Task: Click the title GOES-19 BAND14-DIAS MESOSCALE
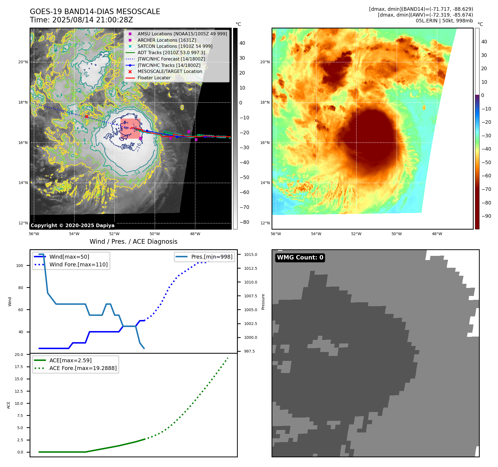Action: (x=95, y=12)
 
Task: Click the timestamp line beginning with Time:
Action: (x=81, y=20)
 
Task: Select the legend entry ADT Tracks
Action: (x=171, y=53)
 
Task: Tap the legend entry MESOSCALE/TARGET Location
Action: (x=170, y=71)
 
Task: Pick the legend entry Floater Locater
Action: (x=154, y=78)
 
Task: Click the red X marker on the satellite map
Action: (x=87, y=117)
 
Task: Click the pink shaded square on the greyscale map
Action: (x=130, y=128)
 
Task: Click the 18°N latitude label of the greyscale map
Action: (x=23, y=102)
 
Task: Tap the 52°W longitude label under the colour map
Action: (x=356, y=234)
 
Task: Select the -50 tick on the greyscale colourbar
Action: (x=244, y=177)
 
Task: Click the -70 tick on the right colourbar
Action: (x=486, y=189)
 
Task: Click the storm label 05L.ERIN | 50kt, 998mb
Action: (x=444, y=21)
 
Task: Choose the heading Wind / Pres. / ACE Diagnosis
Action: (x=133, y=242)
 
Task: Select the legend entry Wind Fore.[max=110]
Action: (x=78, y=264)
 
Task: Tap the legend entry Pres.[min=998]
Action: (x=212, y=257)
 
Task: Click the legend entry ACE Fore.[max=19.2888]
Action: (x=83, y=368)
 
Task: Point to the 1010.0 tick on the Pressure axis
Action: (x=250, y=282)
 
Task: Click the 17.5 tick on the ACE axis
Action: (x=19, y=367)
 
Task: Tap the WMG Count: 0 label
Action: (x=300, y=258)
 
